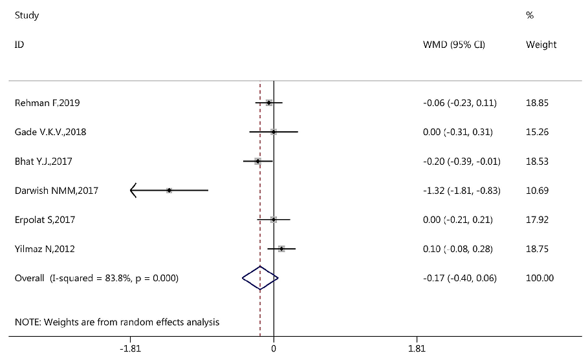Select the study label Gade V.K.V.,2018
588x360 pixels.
[50, 132]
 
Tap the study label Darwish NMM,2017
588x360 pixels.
[56, 191]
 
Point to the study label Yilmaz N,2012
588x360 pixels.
[45, 249]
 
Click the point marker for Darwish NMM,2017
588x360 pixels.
[169, 191]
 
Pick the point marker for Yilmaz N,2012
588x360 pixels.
[281, 249]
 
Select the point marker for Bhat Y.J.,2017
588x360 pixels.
[257, 161]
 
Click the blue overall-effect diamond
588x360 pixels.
[260, 278]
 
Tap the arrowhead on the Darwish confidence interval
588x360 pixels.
[133, 191]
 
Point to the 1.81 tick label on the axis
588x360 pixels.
[417, 349]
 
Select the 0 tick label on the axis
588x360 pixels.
[274, 349]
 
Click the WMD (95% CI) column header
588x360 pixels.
[453, 45]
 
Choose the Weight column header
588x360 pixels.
[541, 45]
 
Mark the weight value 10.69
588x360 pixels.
[538, 191]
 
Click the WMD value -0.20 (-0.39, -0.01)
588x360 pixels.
[461, 161]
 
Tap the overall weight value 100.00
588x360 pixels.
[540, 278]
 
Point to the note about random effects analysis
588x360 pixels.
[117, 321]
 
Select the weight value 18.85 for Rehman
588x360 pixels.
[538, 103]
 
